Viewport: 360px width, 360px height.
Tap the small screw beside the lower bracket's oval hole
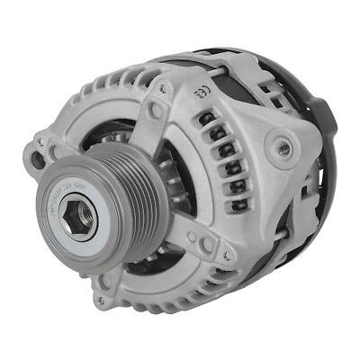192,238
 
